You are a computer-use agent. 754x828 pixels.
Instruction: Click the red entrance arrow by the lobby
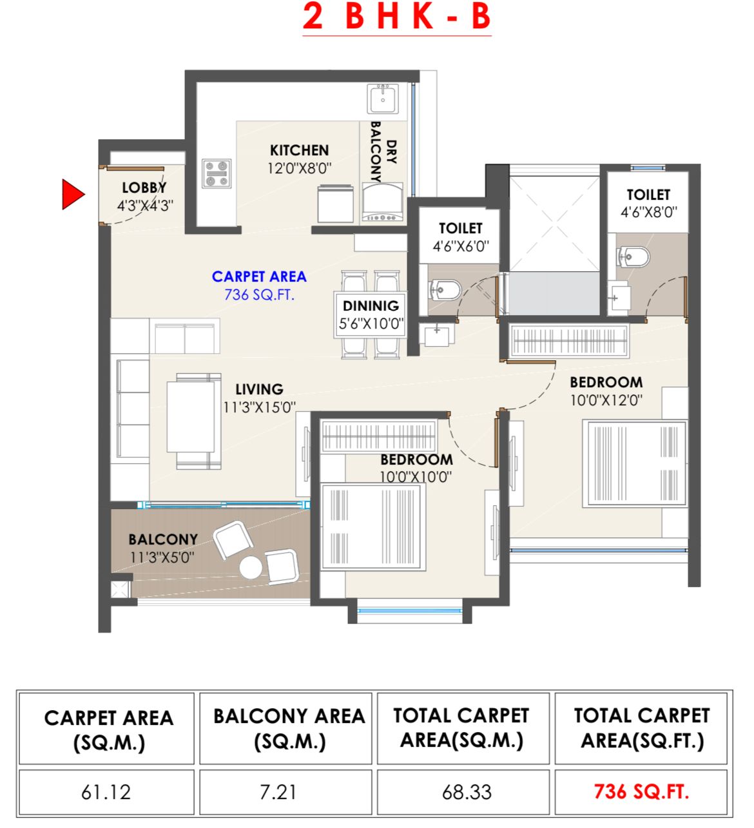pos(72,194)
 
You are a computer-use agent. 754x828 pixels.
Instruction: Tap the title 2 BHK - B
pos(397,17)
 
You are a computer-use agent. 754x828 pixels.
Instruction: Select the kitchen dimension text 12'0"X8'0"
pos(299,168)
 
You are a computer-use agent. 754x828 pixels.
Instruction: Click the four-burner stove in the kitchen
pos(217,174)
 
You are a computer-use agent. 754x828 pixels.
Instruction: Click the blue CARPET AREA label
pos(259,276)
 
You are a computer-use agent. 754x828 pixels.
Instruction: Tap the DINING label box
pos(371,314)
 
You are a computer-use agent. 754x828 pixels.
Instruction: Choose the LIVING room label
pos(259,389)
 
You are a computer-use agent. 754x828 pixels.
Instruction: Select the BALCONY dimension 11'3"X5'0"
pos(162,557)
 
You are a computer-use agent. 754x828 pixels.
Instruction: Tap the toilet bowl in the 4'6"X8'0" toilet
pos(633,257)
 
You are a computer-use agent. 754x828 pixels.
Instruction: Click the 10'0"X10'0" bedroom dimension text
pos(416,477)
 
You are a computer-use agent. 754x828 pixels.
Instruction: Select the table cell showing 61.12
pos(106,791)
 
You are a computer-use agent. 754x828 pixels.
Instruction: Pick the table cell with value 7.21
pos(278,791)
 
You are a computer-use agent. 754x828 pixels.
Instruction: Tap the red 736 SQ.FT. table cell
pos(641,791)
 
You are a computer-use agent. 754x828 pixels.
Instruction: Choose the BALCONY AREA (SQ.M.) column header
pos(289,728)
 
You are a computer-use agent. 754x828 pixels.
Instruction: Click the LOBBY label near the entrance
pos(144,188)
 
